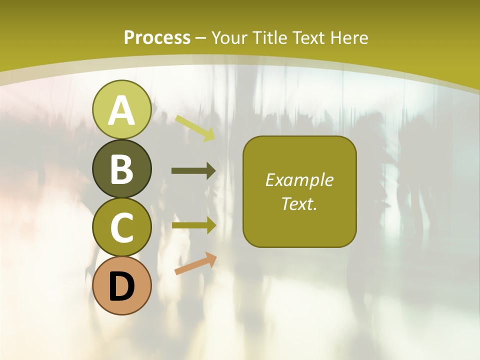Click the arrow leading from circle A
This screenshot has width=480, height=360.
pos(195,128)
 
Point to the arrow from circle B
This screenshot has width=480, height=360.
pos(193,171)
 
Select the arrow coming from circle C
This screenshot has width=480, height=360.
pos(193,225)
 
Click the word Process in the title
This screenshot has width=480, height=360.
pos(157,37)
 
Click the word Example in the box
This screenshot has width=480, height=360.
pos(299,180)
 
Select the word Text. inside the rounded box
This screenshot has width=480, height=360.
pos(299,203)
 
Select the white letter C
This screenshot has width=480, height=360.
pos(121,227)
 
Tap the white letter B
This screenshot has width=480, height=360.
pos(121,169)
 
